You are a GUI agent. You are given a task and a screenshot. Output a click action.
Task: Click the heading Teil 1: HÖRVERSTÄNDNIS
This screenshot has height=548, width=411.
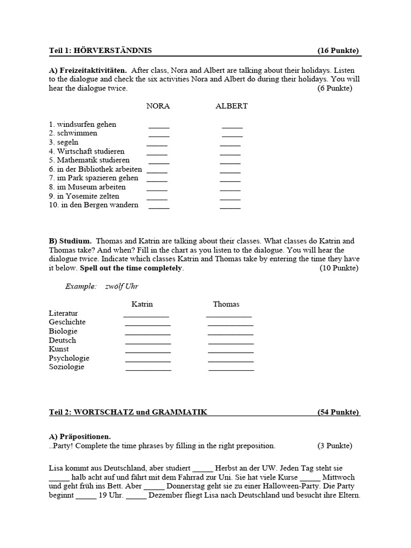coord(100,51)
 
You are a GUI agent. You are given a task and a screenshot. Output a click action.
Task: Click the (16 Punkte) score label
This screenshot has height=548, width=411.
coord(338,51)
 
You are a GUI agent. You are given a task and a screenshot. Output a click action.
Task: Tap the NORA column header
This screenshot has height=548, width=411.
coord(158,106)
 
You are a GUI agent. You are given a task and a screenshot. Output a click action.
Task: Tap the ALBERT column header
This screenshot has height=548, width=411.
coord(231,106)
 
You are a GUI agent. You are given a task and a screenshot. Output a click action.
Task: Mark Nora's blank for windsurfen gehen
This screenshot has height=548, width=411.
coord(159,126)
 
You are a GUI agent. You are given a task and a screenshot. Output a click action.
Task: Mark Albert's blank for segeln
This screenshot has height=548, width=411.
coord(230,144)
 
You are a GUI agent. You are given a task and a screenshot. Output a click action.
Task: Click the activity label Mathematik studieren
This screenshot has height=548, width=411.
coord(89,160)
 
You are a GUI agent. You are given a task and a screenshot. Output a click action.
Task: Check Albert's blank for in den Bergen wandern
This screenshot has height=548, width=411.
coord(230,207)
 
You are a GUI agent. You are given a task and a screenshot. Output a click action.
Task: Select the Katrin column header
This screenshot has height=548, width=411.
coord(142,304)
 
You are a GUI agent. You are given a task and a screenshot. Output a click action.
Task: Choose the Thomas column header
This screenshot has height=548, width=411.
coord(226,304)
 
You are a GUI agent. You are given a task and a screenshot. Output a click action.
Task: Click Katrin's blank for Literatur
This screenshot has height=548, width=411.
coord(147,315)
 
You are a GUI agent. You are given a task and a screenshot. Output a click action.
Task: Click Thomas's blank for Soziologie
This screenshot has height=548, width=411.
coord(231,369)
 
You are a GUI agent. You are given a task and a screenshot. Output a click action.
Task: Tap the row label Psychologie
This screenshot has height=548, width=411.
coord(69,358)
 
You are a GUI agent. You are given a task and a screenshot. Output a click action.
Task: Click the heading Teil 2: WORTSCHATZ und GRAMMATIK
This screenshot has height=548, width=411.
coord(127,412)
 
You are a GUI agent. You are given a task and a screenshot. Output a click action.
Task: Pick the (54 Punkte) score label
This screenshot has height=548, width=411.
coord(338,412)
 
